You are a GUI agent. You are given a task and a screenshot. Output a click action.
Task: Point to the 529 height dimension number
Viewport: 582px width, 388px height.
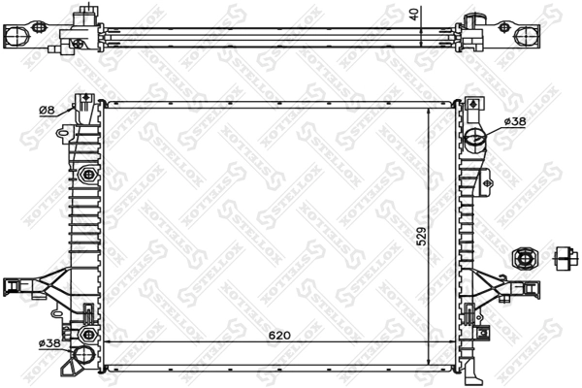coord(421,237)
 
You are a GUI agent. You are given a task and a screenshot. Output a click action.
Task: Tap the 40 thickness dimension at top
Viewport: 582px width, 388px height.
coord(415,16)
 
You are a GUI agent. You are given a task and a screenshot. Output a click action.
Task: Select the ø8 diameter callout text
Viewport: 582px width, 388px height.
coord(46,110)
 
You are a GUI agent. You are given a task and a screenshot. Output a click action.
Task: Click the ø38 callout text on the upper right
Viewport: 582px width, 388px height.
coord(515,121)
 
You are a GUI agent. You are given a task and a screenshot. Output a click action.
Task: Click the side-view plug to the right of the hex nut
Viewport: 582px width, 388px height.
coord(566,258)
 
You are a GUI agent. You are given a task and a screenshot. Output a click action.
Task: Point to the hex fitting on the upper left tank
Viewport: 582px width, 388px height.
coord(88,176)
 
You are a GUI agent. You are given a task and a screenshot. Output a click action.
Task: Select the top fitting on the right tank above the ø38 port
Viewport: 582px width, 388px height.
coord(472,103)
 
